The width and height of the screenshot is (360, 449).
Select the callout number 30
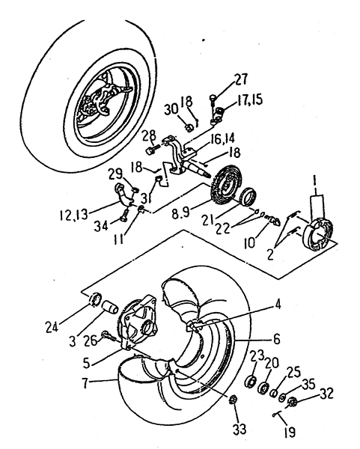171,109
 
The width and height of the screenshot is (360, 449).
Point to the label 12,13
74,215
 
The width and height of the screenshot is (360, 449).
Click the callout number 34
102,227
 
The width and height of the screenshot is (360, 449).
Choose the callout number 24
52,326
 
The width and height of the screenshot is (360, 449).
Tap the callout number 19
290,432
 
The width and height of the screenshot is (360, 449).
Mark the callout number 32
326,394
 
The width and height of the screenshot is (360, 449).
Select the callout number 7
85,383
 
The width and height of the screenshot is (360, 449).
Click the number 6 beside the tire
276,339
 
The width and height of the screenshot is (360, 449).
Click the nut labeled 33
233,400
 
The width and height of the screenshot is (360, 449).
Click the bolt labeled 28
153,150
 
